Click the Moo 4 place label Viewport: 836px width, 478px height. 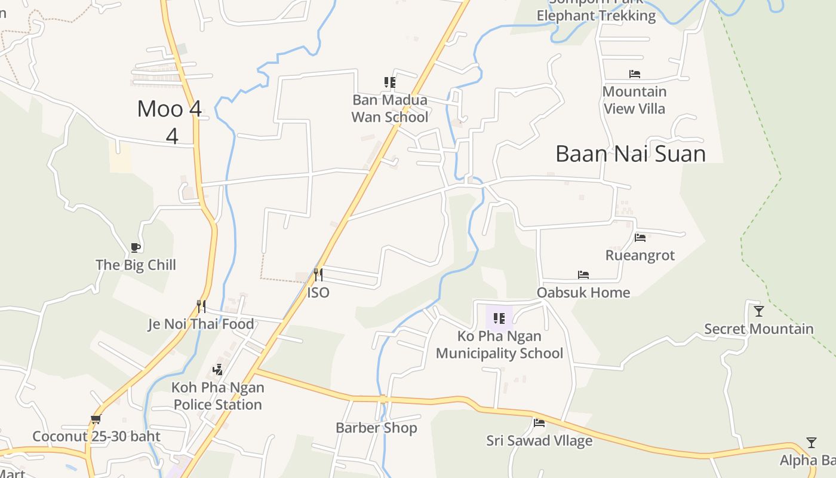170,109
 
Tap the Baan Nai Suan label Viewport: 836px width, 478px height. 631,154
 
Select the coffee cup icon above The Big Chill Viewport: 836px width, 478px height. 136,247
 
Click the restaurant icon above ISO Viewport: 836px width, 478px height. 318,275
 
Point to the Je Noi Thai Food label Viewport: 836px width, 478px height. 201,324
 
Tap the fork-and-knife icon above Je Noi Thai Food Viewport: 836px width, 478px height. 201,307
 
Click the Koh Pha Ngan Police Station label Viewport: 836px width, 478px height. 217,396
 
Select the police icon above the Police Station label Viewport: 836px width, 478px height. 217,370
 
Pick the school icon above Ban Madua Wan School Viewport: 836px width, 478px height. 390,82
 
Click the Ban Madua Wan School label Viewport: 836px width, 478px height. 389,108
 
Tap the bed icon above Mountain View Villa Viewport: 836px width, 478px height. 634,74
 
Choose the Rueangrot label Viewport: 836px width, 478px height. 640,255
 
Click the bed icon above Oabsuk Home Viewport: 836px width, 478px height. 583,275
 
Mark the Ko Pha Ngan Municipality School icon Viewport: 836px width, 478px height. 499,318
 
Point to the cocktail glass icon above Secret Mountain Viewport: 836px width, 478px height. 758,311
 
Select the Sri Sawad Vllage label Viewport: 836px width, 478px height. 539,441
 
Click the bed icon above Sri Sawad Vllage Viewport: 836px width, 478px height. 539,423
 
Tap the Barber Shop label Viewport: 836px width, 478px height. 376,428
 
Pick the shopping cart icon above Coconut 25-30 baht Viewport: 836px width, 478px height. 96,419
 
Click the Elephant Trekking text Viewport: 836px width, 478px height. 595,16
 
